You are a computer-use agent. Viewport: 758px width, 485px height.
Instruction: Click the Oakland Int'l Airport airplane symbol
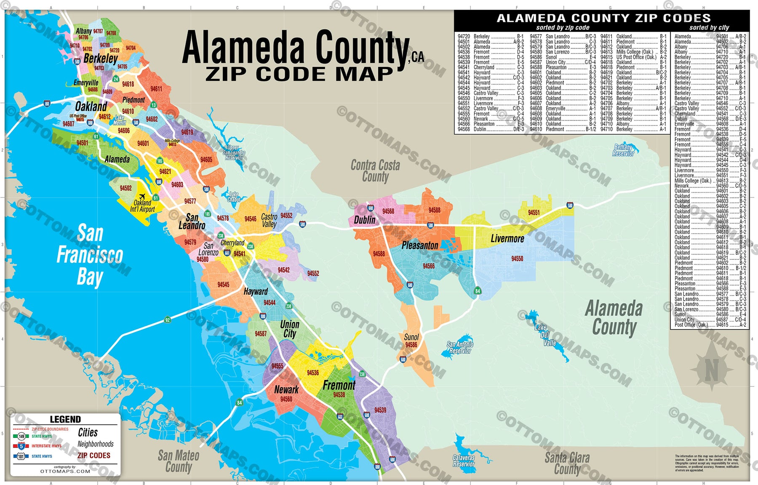tap(142, 196)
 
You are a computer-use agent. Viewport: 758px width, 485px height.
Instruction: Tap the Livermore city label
tap(507, 239)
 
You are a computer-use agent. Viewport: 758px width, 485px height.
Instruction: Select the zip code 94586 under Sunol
tap(411, 345)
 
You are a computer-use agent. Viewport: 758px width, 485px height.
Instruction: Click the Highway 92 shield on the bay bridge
tap(167, 320)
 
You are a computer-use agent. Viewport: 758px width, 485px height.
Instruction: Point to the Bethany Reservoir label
tap(623, 150)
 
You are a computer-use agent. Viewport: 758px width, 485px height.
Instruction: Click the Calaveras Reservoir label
tap(464, 461)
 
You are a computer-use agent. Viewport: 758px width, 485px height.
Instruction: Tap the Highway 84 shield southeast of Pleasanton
tap(477, 291)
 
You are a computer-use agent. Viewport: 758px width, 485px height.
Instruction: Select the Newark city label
tap(286, 389)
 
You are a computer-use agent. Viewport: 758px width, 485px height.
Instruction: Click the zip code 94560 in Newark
tap(286, 399)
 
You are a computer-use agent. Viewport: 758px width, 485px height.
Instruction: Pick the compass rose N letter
tap(711, 371)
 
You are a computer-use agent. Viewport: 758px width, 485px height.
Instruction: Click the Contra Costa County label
tap(375, 171)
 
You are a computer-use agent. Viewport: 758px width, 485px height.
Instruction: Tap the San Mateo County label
tap(179, 461)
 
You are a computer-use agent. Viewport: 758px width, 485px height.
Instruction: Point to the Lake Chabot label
tap(234, 197)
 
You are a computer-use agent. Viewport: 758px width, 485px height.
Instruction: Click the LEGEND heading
tap(65, 419)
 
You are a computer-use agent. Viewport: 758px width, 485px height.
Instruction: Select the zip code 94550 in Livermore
tap(517, 259)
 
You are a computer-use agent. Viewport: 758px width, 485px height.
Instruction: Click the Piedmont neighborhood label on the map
tap(133, 100)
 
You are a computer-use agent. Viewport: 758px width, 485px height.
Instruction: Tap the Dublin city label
tap(364, 220)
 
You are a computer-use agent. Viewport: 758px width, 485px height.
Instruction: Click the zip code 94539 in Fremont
tap(380, 410)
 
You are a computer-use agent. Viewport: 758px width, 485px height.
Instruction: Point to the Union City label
tap(290, 329)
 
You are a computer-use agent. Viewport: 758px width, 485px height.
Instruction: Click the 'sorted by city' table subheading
tap(709, 27)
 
